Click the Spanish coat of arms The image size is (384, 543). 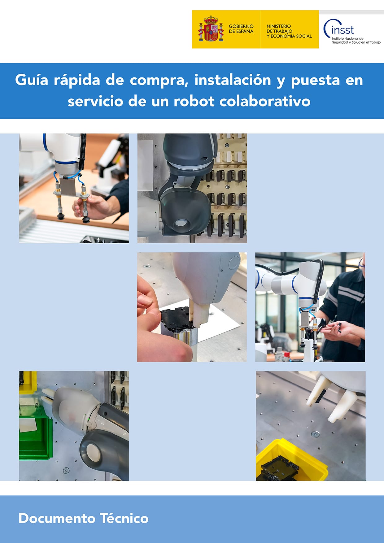point(211,29)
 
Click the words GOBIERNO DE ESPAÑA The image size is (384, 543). point(241,29)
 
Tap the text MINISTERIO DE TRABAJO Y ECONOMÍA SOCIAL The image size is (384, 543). point(289,31)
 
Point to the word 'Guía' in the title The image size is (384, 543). point(32,80)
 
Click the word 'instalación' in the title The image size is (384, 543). point(233,80)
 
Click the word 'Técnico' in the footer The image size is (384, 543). point(124,518)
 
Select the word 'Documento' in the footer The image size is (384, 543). point(57,518)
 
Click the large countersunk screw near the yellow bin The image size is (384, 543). point(315,434)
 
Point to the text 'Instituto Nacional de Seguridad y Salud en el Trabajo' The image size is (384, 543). point(356,41)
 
